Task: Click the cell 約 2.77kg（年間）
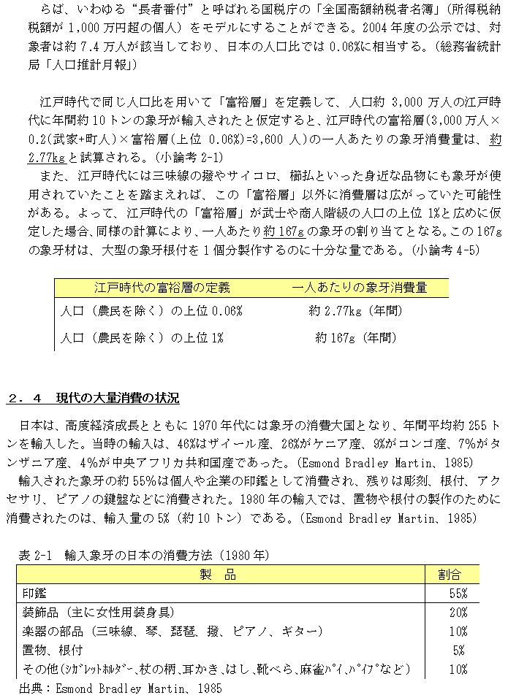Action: [355, 312]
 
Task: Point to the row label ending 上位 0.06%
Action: [151, 312]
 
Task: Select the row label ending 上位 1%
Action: [141, 338]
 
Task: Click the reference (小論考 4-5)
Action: [445, 249]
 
